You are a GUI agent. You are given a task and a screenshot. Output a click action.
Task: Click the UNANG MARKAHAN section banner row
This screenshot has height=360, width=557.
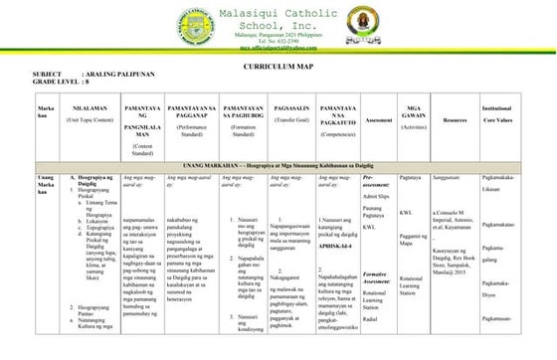(x=278, y=164)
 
